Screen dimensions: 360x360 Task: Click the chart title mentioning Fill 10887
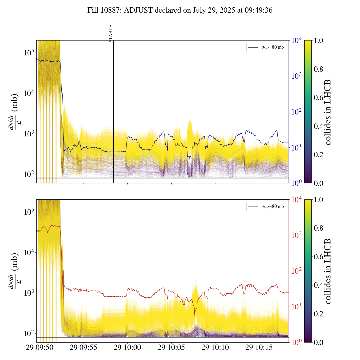pos(180,10)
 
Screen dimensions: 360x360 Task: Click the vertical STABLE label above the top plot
pos(111,33)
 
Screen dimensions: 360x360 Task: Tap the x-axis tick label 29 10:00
pos(127,348)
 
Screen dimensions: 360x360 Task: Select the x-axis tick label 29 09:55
pos(84,348)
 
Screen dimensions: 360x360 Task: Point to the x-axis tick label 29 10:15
pos(259,348)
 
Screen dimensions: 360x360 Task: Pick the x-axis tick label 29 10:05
pos(171,348)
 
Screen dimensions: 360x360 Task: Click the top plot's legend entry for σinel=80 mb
pos(266,48)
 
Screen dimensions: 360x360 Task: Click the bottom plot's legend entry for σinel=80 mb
pos(266,207)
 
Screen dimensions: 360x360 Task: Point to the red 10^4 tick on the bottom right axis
pos(297,200)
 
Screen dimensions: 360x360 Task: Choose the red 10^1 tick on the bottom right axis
pos(297,307)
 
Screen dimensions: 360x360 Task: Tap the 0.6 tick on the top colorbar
pos(318,98)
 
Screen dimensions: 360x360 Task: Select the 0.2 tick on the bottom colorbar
pos(318,314)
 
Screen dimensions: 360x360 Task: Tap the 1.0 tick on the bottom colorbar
pos(318,200)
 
